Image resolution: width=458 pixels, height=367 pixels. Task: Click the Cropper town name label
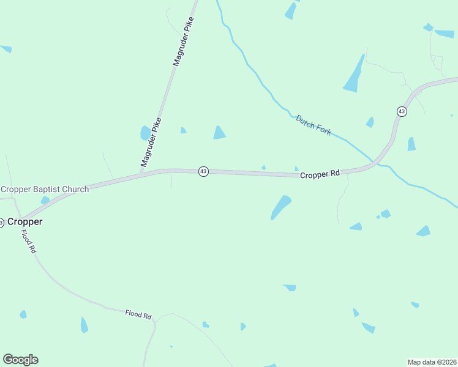[x=24, y=221]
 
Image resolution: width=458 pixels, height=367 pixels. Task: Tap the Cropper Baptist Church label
[x=45, y=189]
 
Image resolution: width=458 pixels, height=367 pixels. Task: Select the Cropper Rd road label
[x=320, y=174]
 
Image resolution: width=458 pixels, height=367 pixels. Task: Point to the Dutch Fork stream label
[x=313, y=125]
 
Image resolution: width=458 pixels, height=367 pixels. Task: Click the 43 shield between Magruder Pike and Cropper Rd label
[x=203, y=172]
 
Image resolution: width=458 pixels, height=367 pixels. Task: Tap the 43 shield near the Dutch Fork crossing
[x=401, y=111]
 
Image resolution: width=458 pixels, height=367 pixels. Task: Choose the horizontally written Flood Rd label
[x=138, y=315]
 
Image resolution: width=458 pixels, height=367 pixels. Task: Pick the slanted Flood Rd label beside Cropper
[x=29, y=242]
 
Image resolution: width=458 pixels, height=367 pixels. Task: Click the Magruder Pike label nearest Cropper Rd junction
[x=151, y=142]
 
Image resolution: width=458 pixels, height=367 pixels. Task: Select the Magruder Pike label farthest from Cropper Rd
[x=183, y=42]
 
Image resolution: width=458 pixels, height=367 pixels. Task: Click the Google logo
[x=20, y=360]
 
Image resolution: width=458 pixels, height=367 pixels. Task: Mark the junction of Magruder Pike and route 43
[x=141, y=174]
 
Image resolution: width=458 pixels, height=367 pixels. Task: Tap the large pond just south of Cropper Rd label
[x=281, y=207]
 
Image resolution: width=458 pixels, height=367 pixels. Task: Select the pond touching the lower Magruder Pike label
[x=145, y=133]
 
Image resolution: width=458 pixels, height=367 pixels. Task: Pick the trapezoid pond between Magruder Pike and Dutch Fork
[x=219, y=132]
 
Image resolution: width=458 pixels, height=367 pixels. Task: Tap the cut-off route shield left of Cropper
[x=1, y=223]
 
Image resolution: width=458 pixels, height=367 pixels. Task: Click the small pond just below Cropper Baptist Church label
[x=45, y=200]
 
